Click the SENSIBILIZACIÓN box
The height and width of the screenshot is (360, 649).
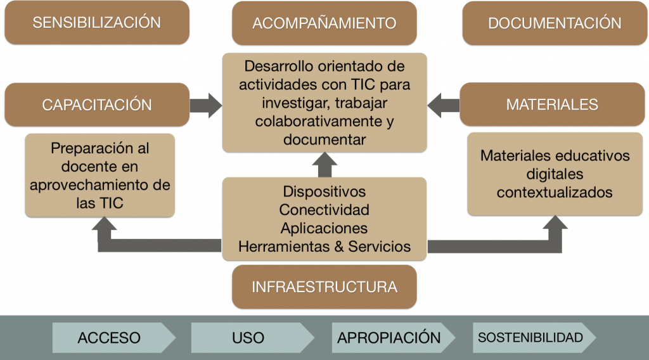click(x=96, y=23)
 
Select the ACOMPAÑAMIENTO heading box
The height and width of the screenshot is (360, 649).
click(x=324, y=23)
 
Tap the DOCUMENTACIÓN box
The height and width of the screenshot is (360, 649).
click(x=555, y=23)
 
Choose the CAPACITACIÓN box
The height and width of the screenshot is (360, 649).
click(x=96, y=105)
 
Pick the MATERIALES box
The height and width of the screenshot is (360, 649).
click(x=552, y=105)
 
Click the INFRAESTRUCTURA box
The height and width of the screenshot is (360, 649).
click(x=324, y=286)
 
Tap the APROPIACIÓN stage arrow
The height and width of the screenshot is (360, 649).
click(x=389, y=337)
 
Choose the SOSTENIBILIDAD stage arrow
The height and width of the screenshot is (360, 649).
click(x=531, y=337)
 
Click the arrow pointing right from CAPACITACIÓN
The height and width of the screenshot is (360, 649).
click(x=206, y=105)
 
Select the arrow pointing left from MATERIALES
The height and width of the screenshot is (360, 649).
click(x=443, y=105)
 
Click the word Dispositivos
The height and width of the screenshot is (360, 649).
click(x=324, y=191)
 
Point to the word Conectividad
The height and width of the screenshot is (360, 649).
click(x=324, y=209)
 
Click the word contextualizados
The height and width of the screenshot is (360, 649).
click(x=555, y=192)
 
